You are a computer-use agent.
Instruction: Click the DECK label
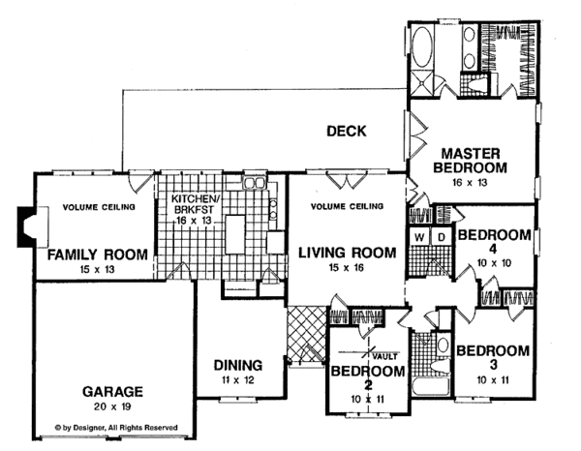(346, 131)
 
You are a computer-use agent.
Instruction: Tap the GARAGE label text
(112, 392)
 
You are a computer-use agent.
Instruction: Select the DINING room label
(238, 366)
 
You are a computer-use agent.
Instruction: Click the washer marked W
(419, 237)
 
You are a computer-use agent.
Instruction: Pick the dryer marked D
(441, 237)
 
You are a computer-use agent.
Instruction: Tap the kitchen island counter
(235, 234)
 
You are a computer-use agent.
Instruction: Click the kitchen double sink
(254, 183)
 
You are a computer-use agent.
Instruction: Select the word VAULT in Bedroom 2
(385, 357)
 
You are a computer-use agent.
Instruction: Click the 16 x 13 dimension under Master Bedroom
(470, 183)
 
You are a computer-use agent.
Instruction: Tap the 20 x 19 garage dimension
(112, 406)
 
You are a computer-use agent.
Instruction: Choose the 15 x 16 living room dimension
(347, 267)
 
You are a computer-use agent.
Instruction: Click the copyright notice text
(116, 428)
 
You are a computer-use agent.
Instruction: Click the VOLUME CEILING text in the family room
(99, 207)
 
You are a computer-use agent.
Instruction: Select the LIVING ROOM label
(348, 253)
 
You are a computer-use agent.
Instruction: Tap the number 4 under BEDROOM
(493, 249)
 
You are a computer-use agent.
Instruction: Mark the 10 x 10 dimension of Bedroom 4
(494, 263)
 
